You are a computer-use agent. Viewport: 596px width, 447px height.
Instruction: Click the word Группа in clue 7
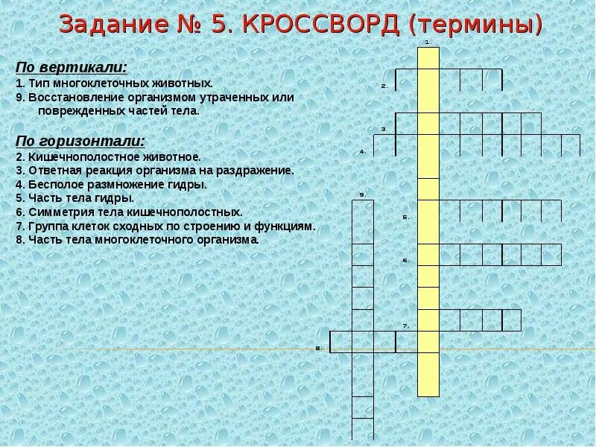click(46, 226)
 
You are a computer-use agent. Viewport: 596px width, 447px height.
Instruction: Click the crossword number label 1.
click(428, 42)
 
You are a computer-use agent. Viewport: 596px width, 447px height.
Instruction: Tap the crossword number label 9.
click(362, 194)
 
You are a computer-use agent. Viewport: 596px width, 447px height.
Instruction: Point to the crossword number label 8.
click(318, 348)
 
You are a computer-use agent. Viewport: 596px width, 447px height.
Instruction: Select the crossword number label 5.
click(406, 217)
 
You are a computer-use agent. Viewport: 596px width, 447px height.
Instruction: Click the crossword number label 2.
click(384, 86)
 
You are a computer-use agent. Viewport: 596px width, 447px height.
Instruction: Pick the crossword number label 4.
click(362, 151)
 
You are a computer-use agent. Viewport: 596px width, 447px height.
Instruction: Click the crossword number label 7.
click(406, 326)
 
